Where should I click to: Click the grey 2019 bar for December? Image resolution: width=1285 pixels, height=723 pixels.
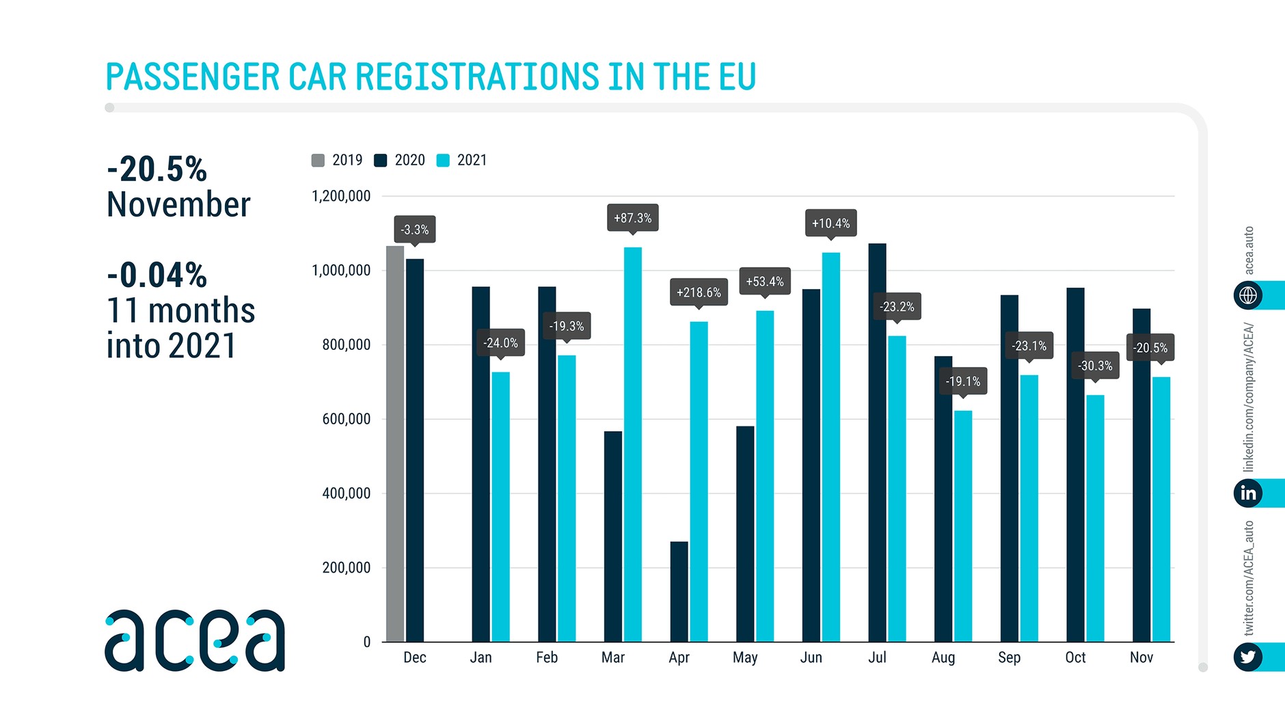pos(395,444)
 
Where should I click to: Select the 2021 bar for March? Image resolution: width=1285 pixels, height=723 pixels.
pos(633,444)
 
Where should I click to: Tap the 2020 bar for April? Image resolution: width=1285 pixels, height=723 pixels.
pos(679,592)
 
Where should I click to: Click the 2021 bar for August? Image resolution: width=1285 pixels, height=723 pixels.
pos(963,526)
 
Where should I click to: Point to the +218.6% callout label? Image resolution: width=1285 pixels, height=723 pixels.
pos(699,292)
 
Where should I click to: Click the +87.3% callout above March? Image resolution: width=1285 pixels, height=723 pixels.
pos(633,218)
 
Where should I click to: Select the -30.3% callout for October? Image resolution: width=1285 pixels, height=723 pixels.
pos(1095,366)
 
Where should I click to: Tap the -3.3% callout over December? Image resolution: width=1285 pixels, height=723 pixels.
pos(415,230)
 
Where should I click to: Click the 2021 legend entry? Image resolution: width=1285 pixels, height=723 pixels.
pos(463,160)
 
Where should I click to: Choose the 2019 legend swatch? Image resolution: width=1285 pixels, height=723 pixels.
pos(318,161)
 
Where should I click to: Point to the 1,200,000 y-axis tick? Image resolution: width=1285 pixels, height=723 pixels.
pos(341,196)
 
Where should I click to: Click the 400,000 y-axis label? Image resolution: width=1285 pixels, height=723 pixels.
pos(346,493)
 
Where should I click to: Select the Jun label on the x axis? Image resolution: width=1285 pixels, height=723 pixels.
pos(811,657)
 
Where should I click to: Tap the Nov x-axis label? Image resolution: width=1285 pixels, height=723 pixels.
pos(1141,657)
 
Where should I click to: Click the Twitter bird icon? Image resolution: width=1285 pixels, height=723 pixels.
pos(1248,657)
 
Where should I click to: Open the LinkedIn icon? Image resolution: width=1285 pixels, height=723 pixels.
pos(1248,493)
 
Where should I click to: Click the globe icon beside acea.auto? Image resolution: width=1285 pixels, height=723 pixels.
pos(1248,295)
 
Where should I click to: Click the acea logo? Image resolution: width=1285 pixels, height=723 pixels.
pos(195,640)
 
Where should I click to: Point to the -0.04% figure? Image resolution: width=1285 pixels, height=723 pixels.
pos(157,275)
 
